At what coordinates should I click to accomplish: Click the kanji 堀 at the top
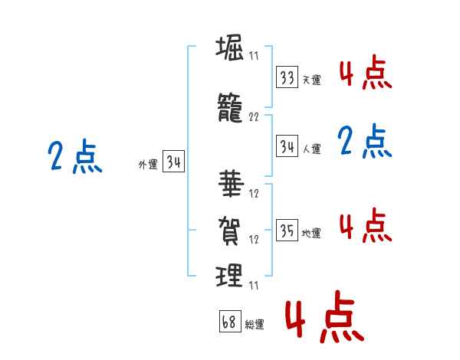pos(230,47)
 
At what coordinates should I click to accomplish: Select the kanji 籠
pos(230,107)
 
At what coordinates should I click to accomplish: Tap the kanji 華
pos(232,184)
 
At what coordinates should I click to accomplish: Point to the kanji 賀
pos(229,231)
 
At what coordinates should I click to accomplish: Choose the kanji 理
pos(229,275)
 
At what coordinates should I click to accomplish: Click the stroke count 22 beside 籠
pos(254,117)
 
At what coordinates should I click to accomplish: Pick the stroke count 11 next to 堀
pos(254,55)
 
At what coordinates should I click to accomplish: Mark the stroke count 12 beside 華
pos(254,193)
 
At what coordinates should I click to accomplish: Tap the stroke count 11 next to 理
pos(254,285)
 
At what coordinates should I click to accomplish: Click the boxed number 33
pos(287,77)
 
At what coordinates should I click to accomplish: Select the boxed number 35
pos(287,230)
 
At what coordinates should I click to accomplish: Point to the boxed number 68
pos(230,321)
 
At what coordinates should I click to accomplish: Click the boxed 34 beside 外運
pos(174,161)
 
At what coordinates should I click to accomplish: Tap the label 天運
pos(312,80)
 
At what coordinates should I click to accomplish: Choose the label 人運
pos(312,149)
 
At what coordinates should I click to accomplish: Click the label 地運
pos(311,233)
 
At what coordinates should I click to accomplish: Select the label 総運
pos(255,324)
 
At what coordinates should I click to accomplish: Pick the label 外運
pos(148,164)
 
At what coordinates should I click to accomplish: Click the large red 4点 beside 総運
pos(325,316)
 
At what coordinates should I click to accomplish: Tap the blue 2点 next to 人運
pos(365,141)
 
